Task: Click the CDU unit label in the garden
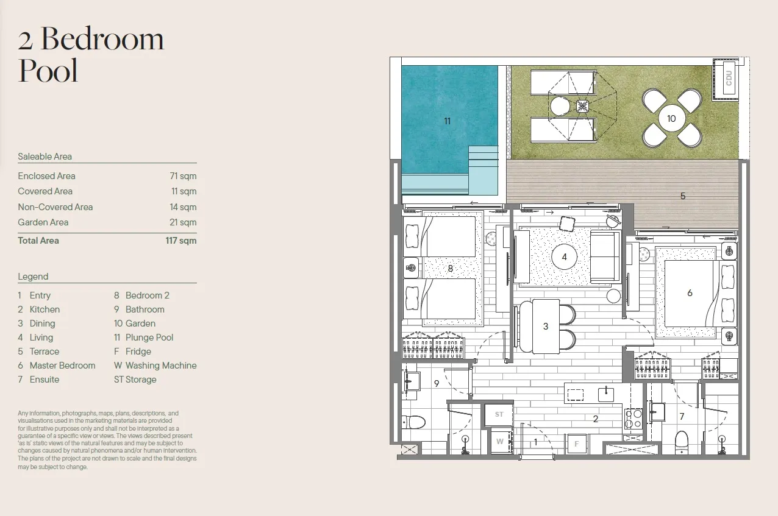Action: click(x=729, y=78)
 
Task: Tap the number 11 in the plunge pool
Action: click(x=448, y=121)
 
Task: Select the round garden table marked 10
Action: click(x=672, y=119)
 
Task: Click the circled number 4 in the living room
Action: click(x=565, y=257)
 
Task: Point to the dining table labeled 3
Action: click(x=546, y=326)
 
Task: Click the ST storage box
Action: click(x=499, y=414)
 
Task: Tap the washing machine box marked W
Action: click(x=500, y=442)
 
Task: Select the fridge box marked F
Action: click(x=577, y=444)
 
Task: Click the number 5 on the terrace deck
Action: click(x=683, y=196)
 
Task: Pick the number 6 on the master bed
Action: click(x=690, y=293)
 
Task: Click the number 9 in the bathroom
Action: click(x=437, y=383)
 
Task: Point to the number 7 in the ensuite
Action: click(x=682, y=417)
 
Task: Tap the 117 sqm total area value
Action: click(x=181, y=241)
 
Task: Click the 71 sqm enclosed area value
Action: click(x=183, y=176)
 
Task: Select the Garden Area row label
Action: click(x=43, y=222)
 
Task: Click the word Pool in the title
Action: click(x=48, y=71)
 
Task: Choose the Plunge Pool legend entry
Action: click(x=143, y=338)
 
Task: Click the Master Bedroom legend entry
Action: click(x=56, y=366)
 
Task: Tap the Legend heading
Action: click(x=33, y=277)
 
